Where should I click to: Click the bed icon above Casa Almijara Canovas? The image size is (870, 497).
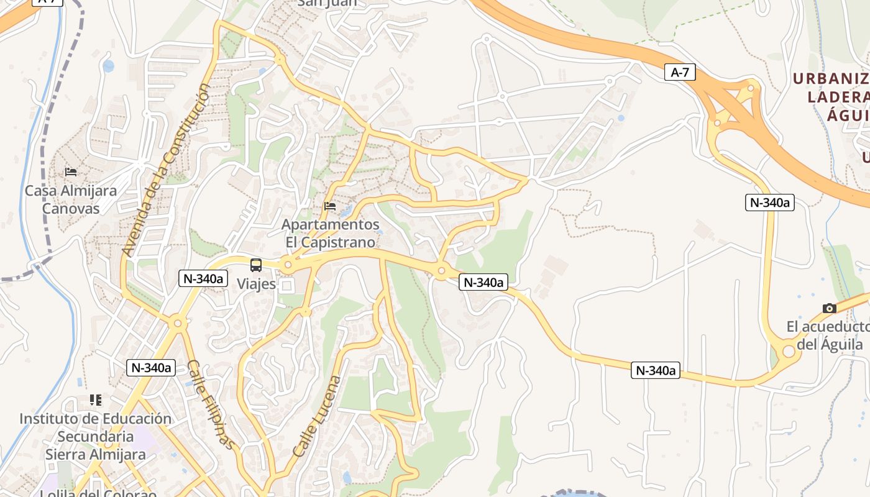coord(71,171)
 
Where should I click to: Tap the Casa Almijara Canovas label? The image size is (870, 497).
coord(71,199)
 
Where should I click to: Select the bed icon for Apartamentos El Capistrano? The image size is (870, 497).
coord(330,206)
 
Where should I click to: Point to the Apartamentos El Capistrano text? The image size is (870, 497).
coord(331,233)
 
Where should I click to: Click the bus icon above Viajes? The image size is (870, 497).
coord(256,265)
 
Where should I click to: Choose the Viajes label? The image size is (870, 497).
coord(256,284)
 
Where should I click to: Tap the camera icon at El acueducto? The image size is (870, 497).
coord(829,308)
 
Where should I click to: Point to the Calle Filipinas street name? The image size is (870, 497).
coord(211,404)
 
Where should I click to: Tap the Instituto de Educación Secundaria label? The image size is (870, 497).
coord(95,436)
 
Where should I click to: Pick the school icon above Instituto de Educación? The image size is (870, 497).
coord(95,399)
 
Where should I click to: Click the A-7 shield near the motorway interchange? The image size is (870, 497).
coord(680,72)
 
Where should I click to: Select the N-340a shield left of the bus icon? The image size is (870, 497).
coord(202,278)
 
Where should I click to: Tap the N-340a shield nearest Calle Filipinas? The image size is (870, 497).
coord(151,367)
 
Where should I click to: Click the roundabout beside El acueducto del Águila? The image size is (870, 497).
coord(788,352)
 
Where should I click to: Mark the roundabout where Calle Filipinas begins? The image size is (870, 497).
coord(178,322)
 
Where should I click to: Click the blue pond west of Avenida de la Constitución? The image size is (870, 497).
coord(109,66)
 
